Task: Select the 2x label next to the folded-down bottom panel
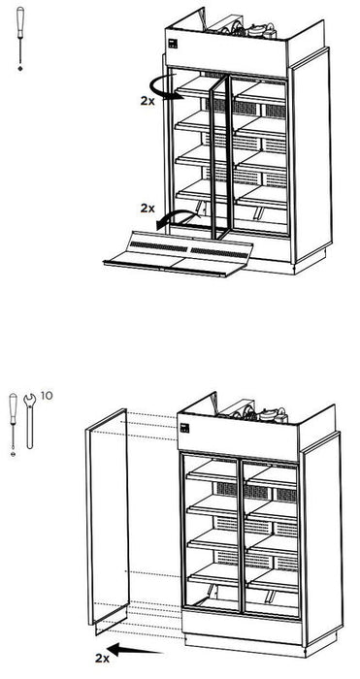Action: click(147, 208)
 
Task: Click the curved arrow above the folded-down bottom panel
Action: click(171, 219)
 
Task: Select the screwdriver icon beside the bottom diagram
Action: click(13, 416)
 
